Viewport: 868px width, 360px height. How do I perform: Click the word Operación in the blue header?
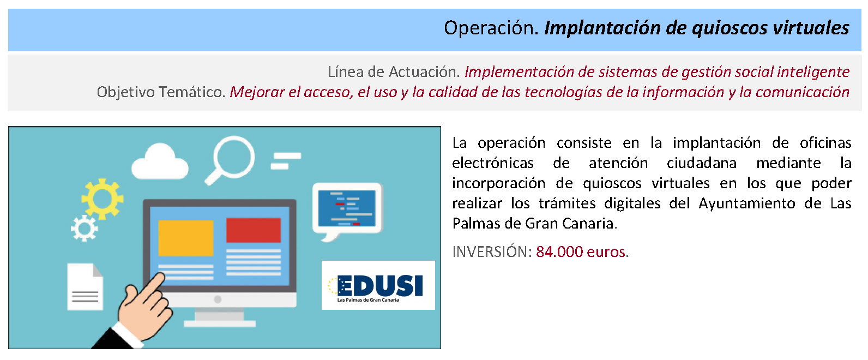[491, 28]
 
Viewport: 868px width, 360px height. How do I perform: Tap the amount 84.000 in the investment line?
[559, 252]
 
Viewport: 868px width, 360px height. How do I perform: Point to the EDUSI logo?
[378, 285]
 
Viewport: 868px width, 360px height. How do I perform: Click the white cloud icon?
[160, 161]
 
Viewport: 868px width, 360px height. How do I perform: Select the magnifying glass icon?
[230, 159]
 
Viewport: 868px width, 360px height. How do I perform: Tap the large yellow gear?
[103, 199]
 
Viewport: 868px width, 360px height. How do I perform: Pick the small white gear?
[85, 229]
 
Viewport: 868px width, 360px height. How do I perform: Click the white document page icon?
[85, 287]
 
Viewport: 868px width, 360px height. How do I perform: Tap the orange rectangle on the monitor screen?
[185, 238]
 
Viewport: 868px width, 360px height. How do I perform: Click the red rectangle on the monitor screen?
[254, 230]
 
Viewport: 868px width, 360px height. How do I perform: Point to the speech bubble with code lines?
[347, 211]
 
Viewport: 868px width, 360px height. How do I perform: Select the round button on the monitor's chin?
[218, 299]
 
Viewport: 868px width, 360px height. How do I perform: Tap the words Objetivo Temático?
[161, 92]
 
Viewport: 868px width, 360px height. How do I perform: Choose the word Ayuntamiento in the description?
[747, 203]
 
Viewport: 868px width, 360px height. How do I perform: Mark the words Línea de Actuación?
[394, 71]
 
